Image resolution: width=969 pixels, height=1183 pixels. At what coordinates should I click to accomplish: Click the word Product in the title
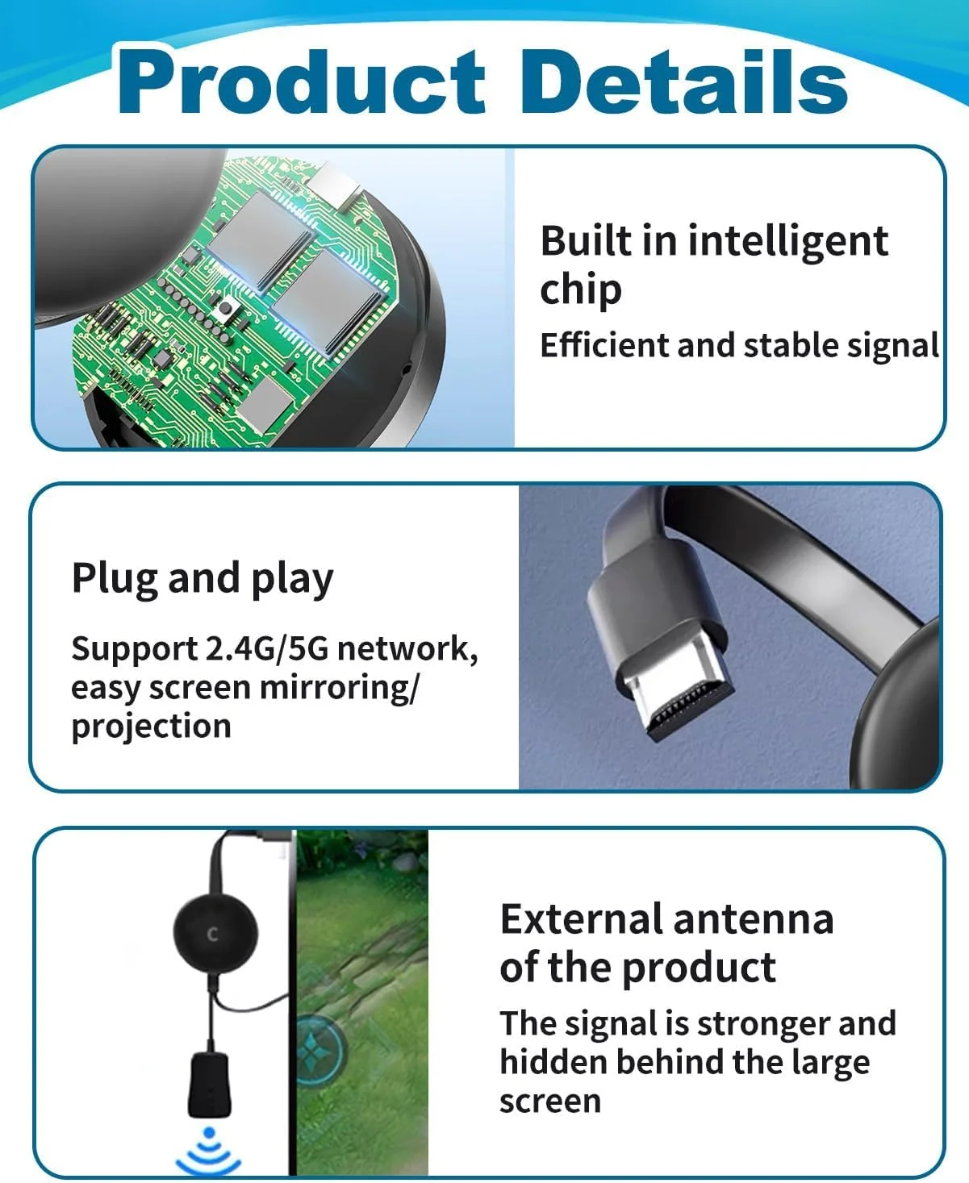pos(301,82)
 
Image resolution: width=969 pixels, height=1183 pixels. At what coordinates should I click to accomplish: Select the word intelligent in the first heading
pos(787,243)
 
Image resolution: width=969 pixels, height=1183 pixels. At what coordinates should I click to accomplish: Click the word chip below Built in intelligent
pos(581,291)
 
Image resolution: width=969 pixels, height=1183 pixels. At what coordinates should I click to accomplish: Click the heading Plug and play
pos(203,580)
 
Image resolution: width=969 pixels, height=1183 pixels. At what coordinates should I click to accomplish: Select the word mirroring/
pos(339,689)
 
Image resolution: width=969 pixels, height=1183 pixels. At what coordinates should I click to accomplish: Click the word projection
pos(151,727)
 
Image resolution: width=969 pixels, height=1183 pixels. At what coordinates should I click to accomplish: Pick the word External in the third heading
pos(580,919)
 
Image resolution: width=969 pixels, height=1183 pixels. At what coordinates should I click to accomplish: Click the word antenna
pos(753,920)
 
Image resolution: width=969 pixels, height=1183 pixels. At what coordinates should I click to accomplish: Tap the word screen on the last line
pos(550,1102)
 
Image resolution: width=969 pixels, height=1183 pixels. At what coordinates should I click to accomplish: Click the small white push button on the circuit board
pos(226,306)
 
